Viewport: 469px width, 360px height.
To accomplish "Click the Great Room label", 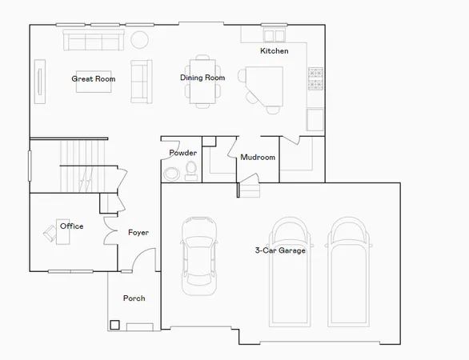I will (94, 78).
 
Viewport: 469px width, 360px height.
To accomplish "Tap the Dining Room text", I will (202, 78).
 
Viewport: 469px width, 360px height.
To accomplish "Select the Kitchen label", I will (274, 51).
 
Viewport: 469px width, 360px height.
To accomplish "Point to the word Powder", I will (182, 153).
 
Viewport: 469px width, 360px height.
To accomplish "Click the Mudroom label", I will (258, 158).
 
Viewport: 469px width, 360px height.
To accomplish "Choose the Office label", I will (72, 226).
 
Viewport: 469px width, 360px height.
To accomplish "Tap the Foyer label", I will (138, 233).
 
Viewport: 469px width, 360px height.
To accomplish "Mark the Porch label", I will (134, 298).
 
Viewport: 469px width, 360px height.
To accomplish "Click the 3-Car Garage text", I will (280, 250).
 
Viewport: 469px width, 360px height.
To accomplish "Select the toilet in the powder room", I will (191, 169).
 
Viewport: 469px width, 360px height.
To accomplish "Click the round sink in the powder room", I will (170, 175).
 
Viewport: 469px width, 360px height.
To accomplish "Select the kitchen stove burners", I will (315, 77).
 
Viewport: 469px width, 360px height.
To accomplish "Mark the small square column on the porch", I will (115, 325).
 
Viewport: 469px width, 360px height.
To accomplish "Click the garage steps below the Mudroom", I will (251, 190).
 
